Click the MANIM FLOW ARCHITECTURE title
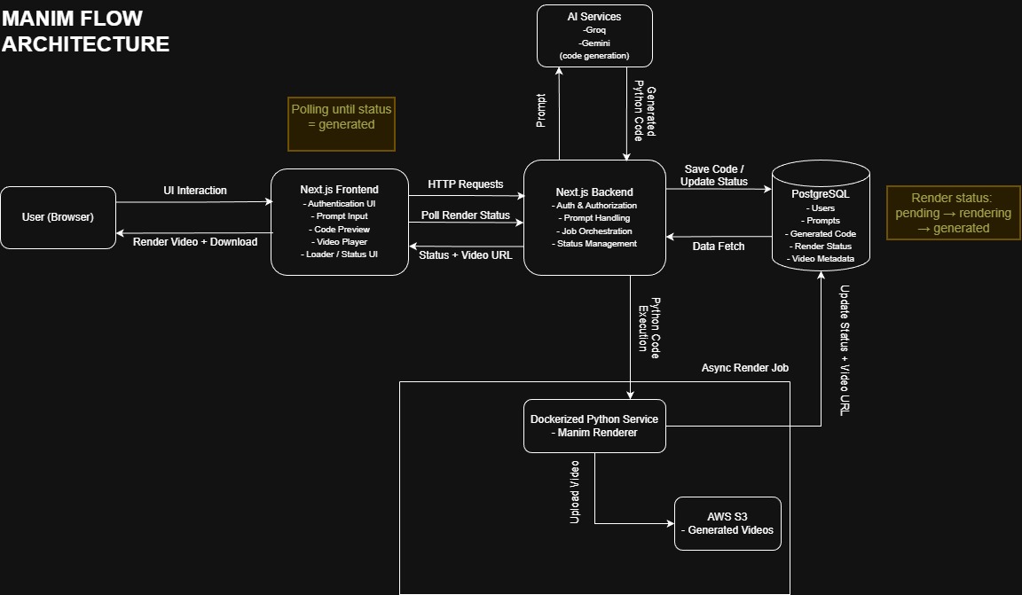click(85, 31)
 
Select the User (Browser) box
click(58, 217)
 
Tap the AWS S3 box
click(727, 523)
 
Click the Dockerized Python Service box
click(594, 426)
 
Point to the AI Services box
click(594, 35)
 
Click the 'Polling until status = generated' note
click(342, 124)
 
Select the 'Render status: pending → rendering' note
click(953, 213)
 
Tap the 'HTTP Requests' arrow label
click(466, 184)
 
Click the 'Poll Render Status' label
click(466, 215)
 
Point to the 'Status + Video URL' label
click(466, 255)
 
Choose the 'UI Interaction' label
click(194, 191)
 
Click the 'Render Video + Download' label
click(194, 241)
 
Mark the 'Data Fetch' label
click(718, 246)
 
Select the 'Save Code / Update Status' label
click(714, 176)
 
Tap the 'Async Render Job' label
click(744, 367)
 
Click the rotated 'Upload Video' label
click(574, 491)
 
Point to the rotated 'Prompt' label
click(541, 111)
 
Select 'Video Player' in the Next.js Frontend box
click(339, 241)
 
